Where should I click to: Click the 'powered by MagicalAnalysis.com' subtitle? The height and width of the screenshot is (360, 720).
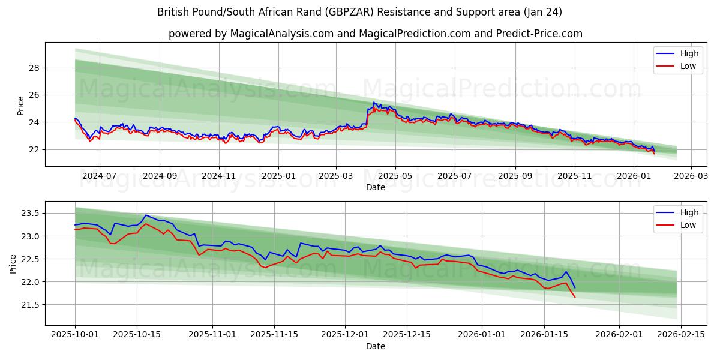(375, 34)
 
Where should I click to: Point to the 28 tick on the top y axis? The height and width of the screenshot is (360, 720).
(34, 68)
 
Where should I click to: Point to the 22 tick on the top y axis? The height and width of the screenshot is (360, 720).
(34, 149)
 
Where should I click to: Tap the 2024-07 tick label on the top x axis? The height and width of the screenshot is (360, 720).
(99, 176)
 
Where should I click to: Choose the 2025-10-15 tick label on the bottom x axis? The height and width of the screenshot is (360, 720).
(137, 335)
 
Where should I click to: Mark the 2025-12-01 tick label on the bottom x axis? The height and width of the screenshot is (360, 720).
(345, 335)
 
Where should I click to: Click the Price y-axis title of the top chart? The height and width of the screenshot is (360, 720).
(20, 106)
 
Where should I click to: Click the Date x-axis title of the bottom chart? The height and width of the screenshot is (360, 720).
(375, 346)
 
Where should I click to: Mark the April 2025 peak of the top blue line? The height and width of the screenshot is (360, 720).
(374, 103)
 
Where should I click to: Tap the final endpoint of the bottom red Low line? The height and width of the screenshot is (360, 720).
(575, 297)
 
